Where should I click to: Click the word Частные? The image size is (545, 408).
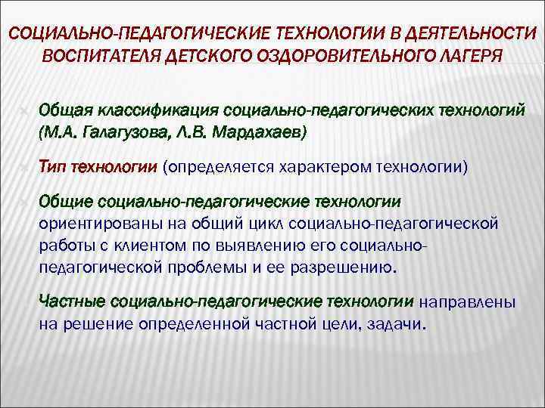coord(70,301)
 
